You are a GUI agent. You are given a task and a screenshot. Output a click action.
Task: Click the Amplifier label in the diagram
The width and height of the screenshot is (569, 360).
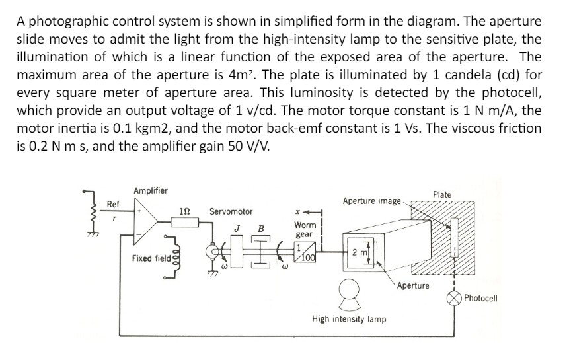click(151, 191)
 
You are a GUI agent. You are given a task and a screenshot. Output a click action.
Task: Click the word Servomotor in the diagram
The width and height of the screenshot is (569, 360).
click(231, 211)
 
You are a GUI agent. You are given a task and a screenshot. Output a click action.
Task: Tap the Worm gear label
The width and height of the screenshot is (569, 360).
click(305, 229)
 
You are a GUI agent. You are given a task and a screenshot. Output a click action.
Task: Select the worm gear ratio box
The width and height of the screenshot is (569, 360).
click(306, 254)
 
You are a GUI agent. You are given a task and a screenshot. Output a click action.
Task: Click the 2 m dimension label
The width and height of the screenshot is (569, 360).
click(360, 252)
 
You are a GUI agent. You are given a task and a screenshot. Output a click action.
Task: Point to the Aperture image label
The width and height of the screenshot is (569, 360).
click(371, 199)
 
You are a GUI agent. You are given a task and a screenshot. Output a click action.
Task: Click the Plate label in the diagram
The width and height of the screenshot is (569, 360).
click(442, 194)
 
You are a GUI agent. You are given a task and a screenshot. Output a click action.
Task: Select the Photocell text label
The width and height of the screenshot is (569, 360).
click(480, 298)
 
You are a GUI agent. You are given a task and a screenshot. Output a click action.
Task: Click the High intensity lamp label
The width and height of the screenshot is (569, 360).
click(349, 319)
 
